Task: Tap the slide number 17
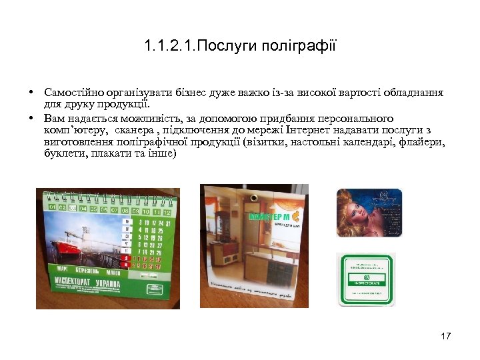[446, 335]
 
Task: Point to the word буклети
[63, 154]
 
